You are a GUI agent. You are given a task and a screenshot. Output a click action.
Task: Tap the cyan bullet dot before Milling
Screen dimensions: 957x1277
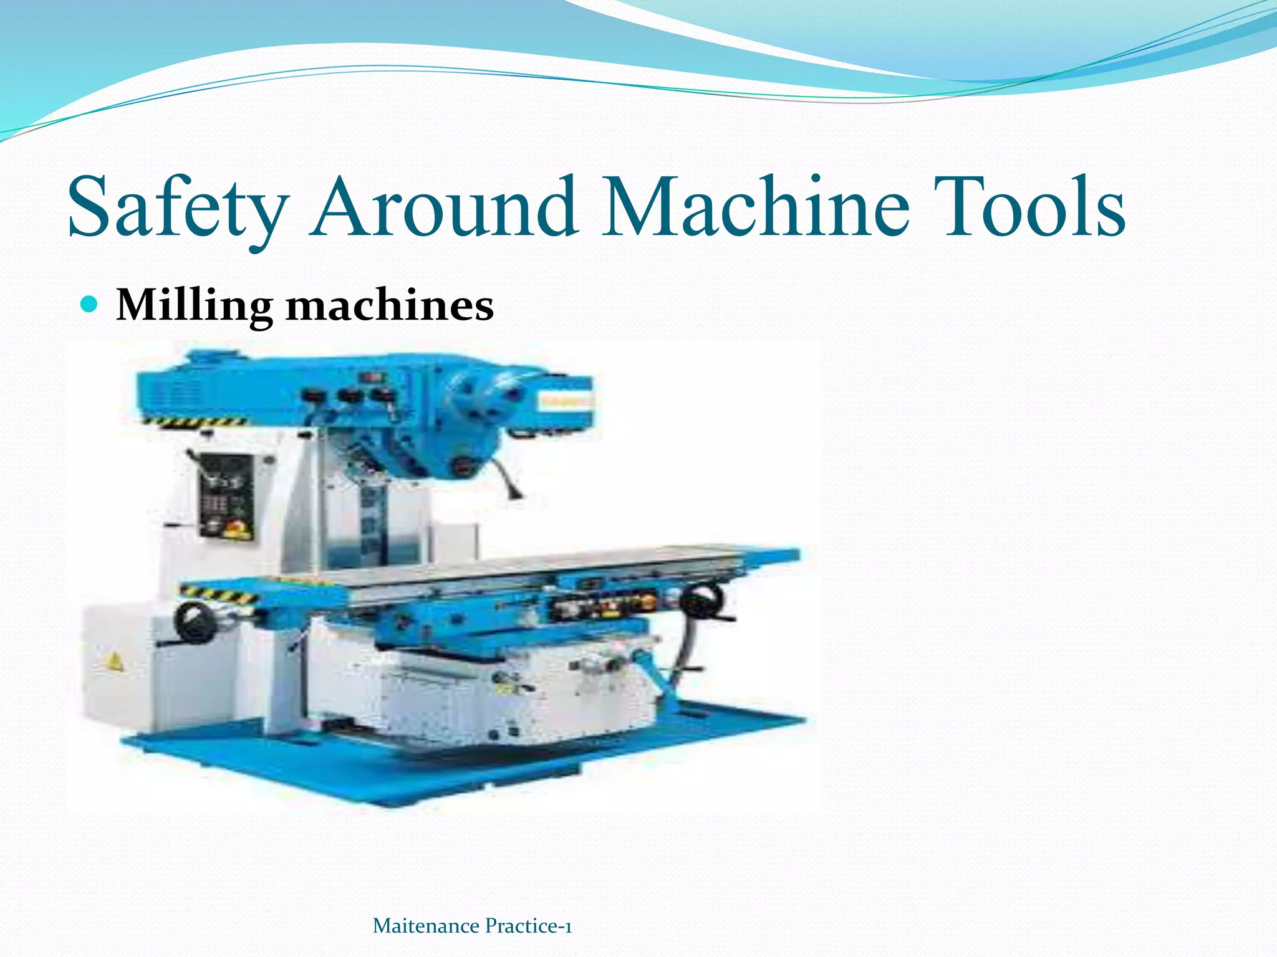[x=91, y=304]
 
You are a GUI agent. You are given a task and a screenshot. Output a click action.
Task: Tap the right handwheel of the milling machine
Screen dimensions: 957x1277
[x=701, y=602]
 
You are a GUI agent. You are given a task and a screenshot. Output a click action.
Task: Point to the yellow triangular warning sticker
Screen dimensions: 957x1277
[x=113, y=662]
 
